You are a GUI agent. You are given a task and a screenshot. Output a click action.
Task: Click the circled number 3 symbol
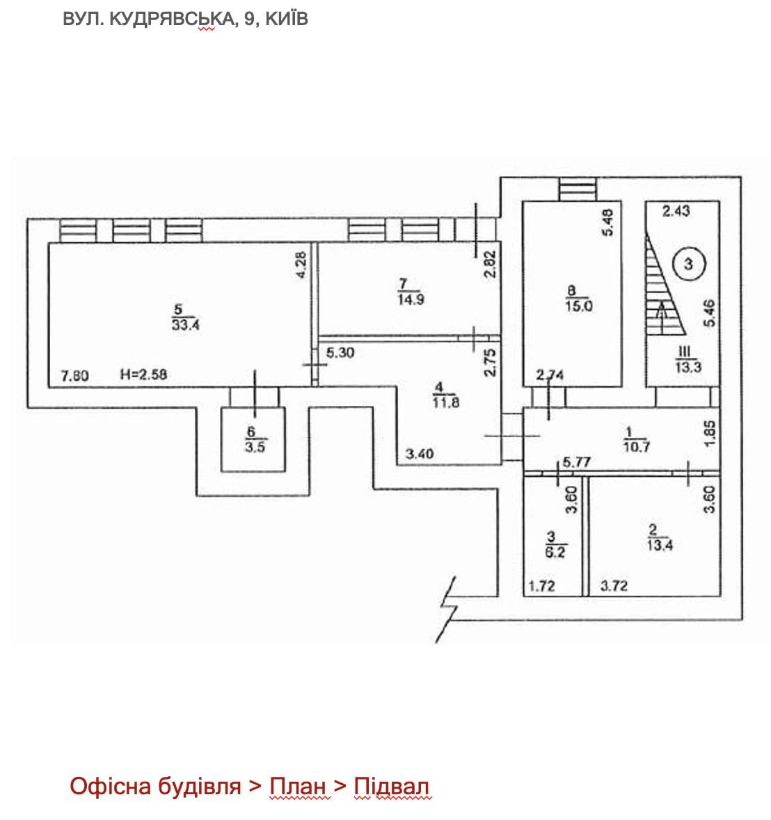[x=688, y=264]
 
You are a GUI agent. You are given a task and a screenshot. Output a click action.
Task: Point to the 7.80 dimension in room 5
[x=74, y=377]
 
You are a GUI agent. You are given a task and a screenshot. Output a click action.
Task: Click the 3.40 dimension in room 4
[x=420, y=455]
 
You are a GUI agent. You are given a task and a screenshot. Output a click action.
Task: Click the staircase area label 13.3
[x=685, y=368]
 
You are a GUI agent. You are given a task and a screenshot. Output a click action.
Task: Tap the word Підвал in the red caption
[x=392, y=787]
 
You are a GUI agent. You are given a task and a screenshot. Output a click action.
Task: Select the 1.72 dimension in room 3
[x=543, y=586]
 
